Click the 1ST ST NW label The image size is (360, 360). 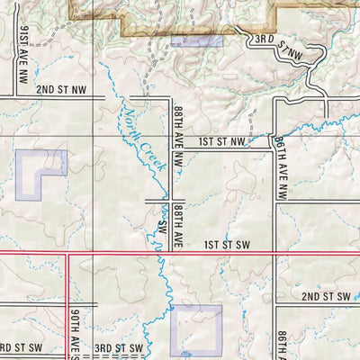(221, 141)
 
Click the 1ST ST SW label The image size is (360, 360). (225, 245)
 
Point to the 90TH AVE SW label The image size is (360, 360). (75, 331)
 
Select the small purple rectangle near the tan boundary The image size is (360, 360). (196, 40)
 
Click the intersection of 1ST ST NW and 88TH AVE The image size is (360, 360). (171, 148)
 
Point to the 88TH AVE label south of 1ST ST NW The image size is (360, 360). (178, 225)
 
